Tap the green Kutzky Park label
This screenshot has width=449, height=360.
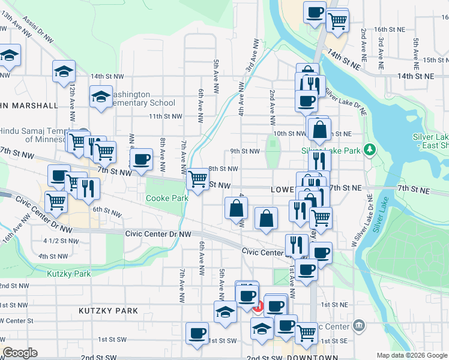pyautogui.click(x=68, y=274)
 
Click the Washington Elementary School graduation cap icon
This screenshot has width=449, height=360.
pyautogui.click(x=101, y=97)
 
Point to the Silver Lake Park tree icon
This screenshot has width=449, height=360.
pyautogui.click(x=371, y=149)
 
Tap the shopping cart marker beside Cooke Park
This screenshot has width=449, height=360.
pyautogui.click(x=197, y=178)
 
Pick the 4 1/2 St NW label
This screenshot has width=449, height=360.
pyautogui.click(x=61, y=241)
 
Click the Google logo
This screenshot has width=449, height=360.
pyautogui.click(x=20, y=353)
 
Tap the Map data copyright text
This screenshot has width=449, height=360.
pyautogui.click(x=411, y=355)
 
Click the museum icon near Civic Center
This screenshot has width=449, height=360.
pyautogui.click(x=359, y=325)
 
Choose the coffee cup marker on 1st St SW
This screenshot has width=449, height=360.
pyautogui.click(x=196, y=333)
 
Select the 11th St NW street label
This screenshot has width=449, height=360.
pyautogui.click(x=165, y=116)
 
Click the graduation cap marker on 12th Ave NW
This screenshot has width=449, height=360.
pyautogui.click(x=64, y=71)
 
